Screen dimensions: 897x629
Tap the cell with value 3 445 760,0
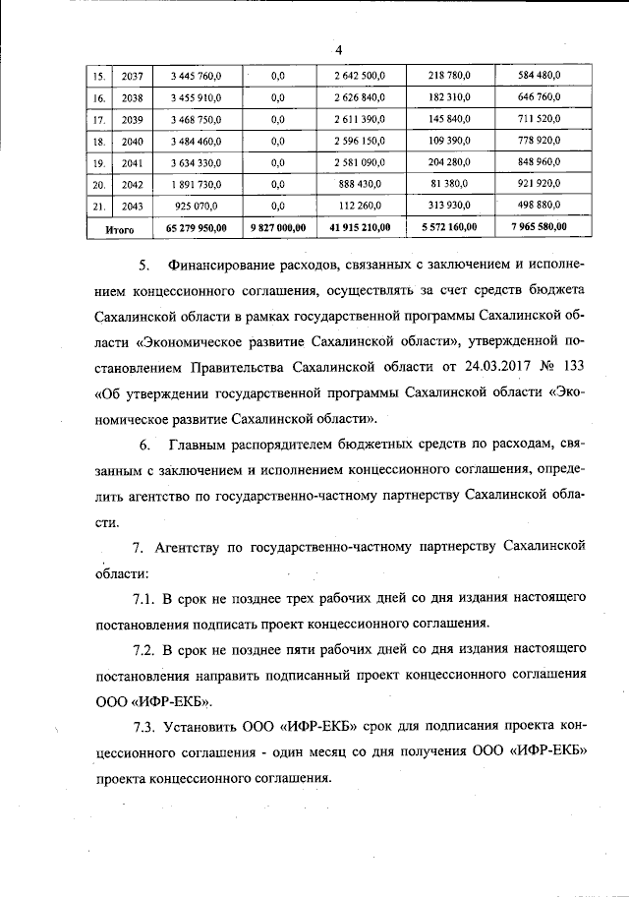(197, 76)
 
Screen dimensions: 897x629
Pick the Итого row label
(107, 227)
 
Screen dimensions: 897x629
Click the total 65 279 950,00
(197, 227)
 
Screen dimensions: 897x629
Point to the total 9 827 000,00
(277, 227)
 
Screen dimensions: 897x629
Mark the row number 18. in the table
(98, 141)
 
